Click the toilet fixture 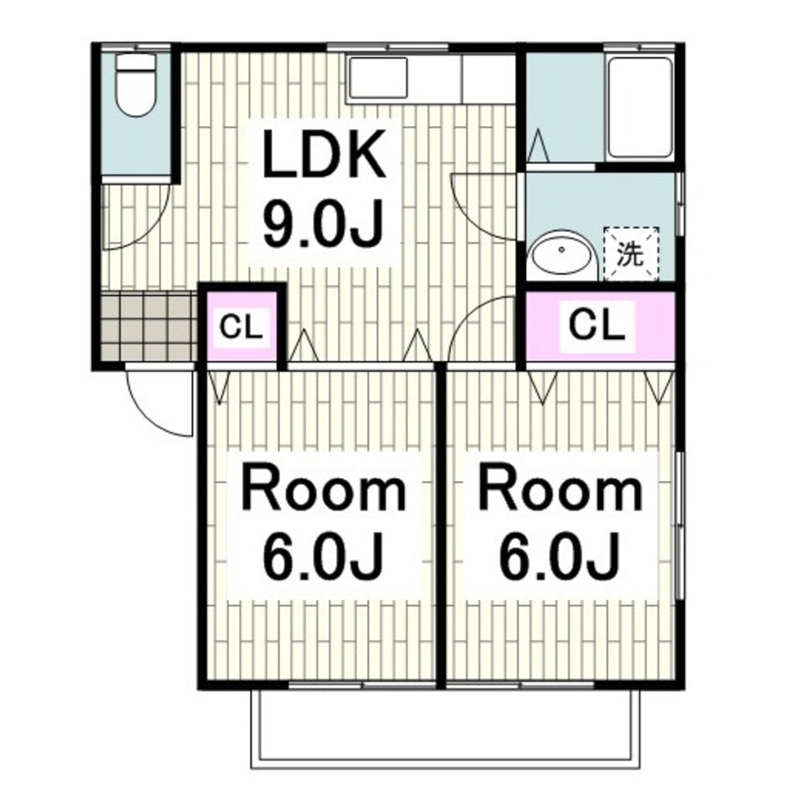point(136,86)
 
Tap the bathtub point(641,107)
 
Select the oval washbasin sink point(562,255)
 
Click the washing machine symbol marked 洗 point(631,254)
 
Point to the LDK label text point(324,154)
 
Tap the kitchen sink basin point(378,77)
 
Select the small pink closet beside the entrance point(242,328)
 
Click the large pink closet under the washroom point(599,326)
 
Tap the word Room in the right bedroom point(561,487)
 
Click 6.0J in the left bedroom point(324,555)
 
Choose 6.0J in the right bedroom point(559,555)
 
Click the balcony point(445,729)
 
